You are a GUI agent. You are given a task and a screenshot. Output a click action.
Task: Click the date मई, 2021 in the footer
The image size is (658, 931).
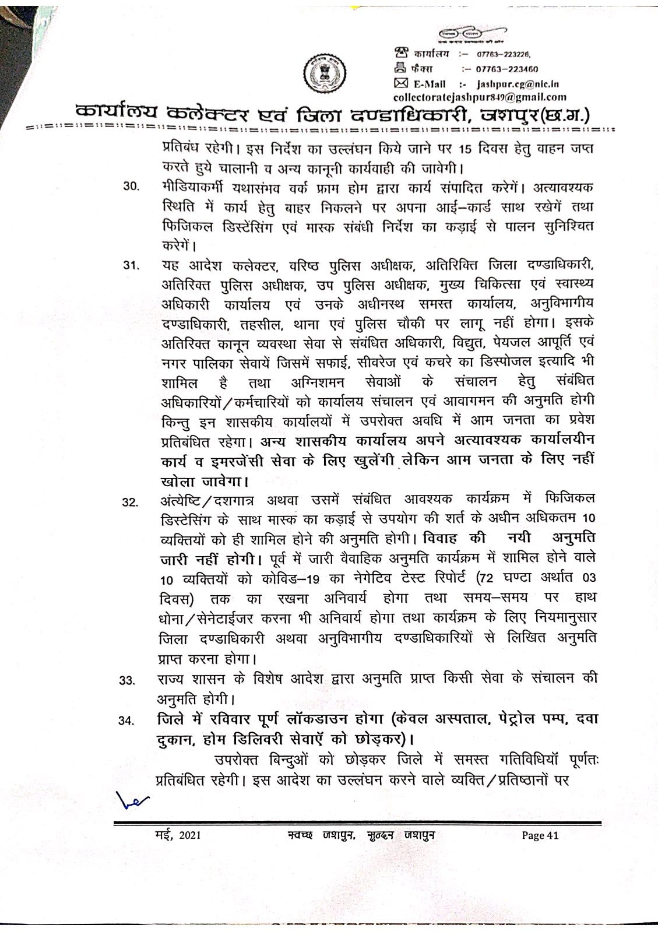(x=175, y=835)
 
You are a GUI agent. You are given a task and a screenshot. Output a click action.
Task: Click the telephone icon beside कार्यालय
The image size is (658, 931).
(x=401, y=54)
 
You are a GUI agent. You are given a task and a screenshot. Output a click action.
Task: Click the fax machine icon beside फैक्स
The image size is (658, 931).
(x=401, y=68)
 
